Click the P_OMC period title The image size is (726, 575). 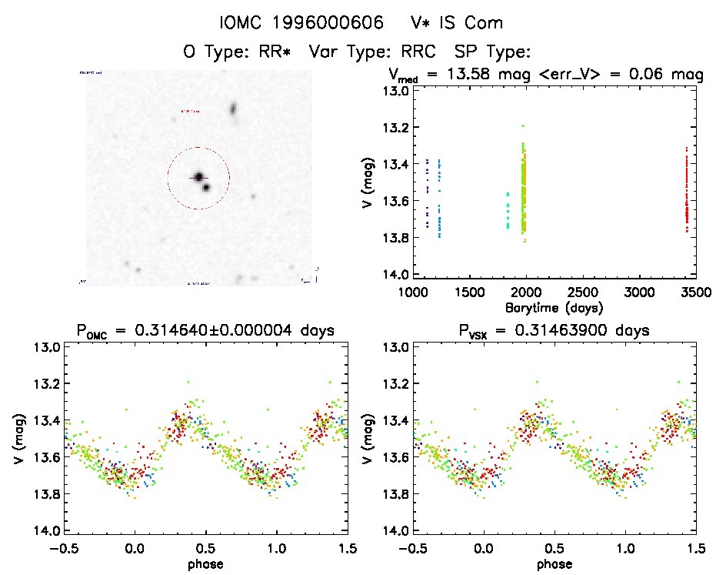[x=205, y=331]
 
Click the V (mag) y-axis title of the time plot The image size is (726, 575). [x=369, y=182]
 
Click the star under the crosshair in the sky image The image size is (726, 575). [x=198, y=178]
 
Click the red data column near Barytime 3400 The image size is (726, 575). [x=685, y=192]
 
